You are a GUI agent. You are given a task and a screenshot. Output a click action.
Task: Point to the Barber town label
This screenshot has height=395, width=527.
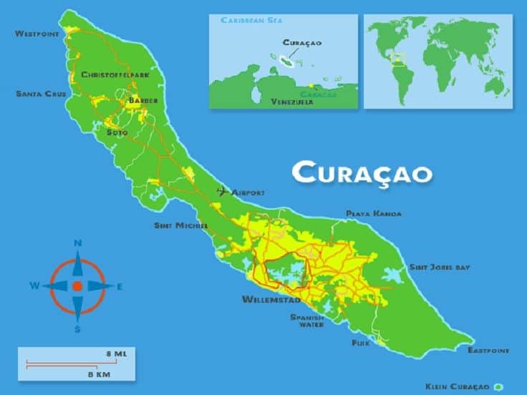click(142, 101)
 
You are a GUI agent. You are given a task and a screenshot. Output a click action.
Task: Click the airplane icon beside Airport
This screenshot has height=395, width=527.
click(222, 192)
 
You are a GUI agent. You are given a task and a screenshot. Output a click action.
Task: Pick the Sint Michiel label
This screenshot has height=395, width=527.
click(181, 225)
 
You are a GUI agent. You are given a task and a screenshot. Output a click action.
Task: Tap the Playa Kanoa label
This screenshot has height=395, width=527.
click(374, 213)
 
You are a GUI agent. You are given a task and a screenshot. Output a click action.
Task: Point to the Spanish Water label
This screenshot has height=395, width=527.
click(306, 321)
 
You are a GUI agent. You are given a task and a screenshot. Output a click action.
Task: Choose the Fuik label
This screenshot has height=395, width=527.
click(359, 343)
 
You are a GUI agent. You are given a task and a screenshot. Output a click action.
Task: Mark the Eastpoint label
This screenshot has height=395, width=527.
click(488, 351)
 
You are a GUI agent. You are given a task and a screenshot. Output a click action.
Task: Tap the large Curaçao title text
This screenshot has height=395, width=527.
click(363, 172)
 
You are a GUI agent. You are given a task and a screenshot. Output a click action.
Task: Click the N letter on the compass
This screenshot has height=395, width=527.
click(77, 243)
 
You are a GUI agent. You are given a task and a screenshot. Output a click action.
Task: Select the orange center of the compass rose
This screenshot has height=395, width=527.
click(77, 286)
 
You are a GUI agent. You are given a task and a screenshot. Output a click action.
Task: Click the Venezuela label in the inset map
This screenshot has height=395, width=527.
click(292, 102)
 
